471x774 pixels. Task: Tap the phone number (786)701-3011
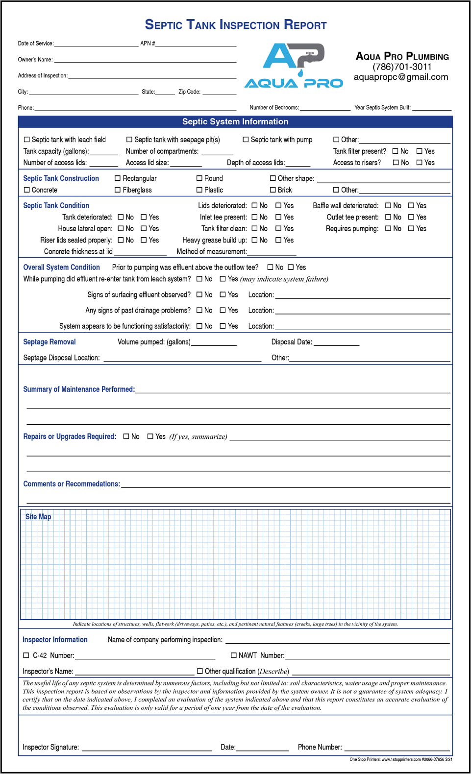click(x=402, y=67)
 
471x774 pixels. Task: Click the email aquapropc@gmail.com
click(x=401, y=77)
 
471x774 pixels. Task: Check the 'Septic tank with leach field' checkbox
click(x=27, y=140)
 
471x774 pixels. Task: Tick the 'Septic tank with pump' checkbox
click(x=246, y=140)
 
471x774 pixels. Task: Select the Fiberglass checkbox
click(x=118, y=190)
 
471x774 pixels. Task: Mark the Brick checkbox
click(x=273, y=190)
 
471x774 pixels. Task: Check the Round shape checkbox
click(x=199, y=178)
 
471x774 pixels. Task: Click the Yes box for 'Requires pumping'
click(x=411, y=229)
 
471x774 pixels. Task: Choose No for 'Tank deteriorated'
click(x=121, y=217)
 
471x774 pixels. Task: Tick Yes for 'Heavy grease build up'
click(x=278, y=240)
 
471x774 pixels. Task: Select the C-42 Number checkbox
click(x=26, y=655)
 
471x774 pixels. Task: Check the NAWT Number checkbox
click(x=234, y=655)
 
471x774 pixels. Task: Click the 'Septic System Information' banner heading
click(x=235, y=121)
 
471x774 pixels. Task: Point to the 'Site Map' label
click(x=38, y=517)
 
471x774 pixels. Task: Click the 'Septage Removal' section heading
click(x=50, y=342)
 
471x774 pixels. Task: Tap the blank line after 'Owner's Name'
click(x=145, y=60)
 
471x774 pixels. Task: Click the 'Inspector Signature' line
click(x=147, y=748)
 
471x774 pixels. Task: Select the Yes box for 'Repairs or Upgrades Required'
click(x=150, y=436)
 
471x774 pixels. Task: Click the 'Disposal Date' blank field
click(x=336, y=343)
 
